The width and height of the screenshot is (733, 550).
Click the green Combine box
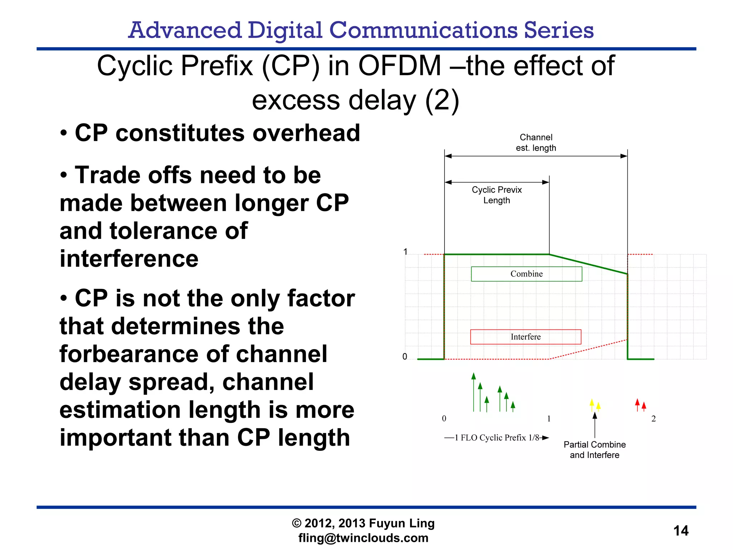(526, 274)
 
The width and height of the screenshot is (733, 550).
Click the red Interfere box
(525, 337)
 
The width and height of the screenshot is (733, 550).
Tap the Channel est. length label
(536, 143)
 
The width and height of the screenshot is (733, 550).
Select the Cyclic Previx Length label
(496, 195)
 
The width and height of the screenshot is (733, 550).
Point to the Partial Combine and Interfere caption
(594, 450)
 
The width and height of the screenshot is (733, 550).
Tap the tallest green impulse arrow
(474, 392)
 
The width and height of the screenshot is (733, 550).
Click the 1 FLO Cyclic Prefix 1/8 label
(496, 438)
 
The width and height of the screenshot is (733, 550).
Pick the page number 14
(681, 531)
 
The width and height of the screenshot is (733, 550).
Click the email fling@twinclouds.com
(363, 538)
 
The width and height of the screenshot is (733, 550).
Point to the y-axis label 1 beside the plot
(405, 252)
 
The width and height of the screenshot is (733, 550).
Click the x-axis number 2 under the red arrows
(653, 419)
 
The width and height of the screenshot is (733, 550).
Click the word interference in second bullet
(129, 259)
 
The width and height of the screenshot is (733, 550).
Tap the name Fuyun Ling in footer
(402, 523)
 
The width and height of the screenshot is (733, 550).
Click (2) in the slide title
(442, 101)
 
